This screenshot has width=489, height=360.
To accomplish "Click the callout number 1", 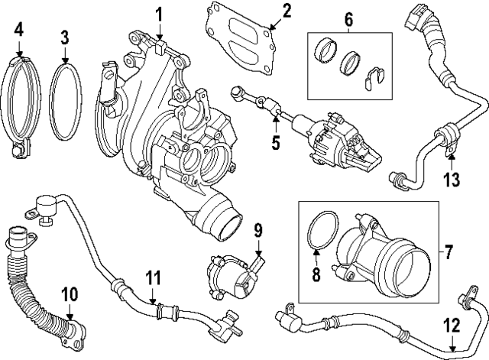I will tap(160, 13).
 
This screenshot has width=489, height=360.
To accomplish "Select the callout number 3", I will tap(65, 36).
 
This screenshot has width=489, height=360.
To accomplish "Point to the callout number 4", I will tap(19, 31).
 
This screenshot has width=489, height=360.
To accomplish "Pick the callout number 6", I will tap(348, 20).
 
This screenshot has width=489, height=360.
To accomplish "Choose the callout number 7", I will tap(448, 251).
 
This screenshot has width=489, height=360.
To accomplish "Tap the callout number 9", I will tap(258, 229).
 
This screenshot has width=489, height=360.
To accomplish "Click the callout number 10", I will tap(69, 293).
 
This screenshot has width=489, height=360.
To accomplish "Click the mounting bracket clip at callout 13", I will tap(445, 140).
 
